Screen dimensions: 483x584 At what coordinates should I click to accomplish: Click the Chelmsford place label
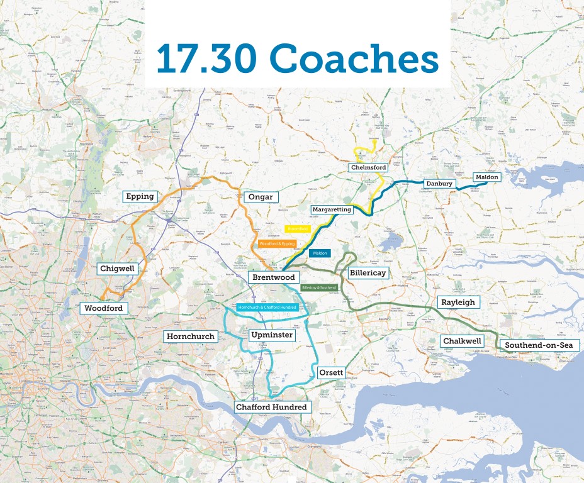[368, 167]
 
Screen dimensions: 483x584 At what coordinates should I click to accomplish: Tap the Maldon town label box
[486, 177]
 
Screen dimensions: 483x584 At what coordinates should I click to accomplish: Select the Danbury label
[439, 184]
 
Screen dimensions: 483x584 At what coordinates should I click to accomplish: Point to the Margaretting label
[332, 209]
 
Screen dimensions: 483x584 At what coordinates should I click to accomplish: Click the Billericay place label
[368, 273]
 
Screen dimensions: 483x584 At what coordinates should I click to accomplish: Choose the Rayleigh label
[458, 303]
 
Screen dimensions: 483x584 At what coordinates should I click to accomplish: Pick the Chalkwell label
[462, 341]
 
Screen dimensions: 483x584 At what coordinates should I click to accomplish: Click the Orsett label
[331, 372]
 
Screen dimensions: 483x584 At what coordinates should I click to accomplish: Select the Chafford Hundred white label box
[271, 407]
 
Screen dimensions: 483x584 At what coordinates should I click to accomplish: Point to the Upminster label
[271, 335]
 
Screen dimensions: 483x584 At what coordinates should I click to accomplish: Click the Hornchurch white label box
[191, 336]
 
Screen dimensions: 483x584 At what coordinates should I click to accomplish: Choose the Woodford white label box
[103, 308]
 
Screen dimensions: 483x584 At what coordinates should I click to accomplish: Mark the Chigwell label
[118, 269]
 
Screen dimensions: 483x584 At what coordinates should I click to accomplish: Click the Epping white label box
[140, 196]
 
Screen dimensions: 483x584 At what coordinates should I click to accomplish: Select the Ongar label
[261, 197]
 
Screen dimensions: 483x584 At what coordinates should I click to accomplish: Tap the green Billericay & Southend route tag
[319, 287]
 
